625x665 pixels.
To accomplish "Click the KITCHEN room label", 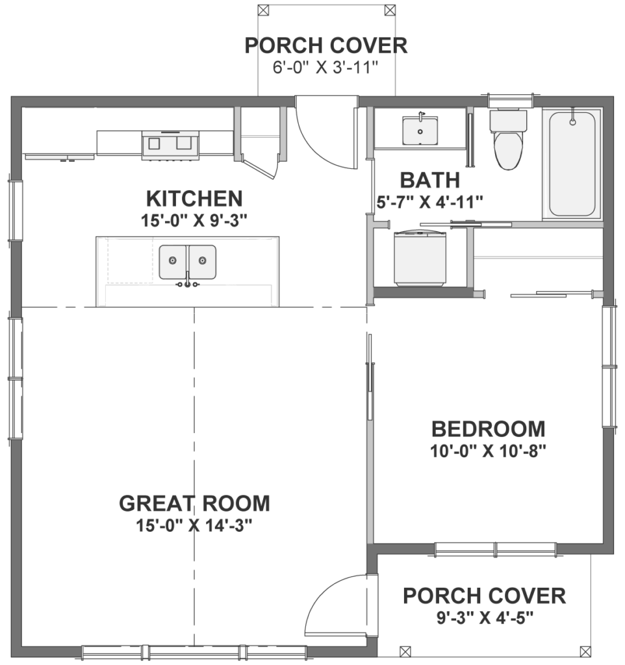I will tap(194, 198).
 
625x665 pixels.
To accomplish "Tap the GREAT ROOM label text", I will tap(194, 503).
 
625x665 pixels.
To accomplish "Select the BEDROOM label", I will tap(488, 429).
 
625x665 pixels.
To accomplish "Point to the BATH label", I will tap(429, 180).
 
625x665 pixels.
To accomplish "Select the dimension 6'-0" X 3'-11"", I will tap(326, 68).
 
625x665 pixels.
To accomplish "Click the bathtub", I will tap(572, 164).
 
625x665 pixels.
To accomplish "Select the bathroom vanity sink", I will tap(420, 131).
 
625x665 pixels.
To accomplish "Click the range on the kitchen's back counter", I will tap(170, 144).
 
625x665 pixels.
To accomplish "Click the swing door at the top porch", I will tap(325, 133).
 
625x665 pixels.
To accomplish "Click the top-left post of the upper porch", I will tap(263, 10).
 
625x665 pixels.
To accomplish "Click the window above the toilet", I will tap(510, 101).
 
